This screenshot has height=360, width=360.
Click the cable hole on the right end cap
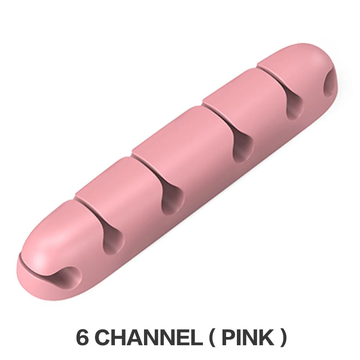pyautogui.click(x=329, y=85)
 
